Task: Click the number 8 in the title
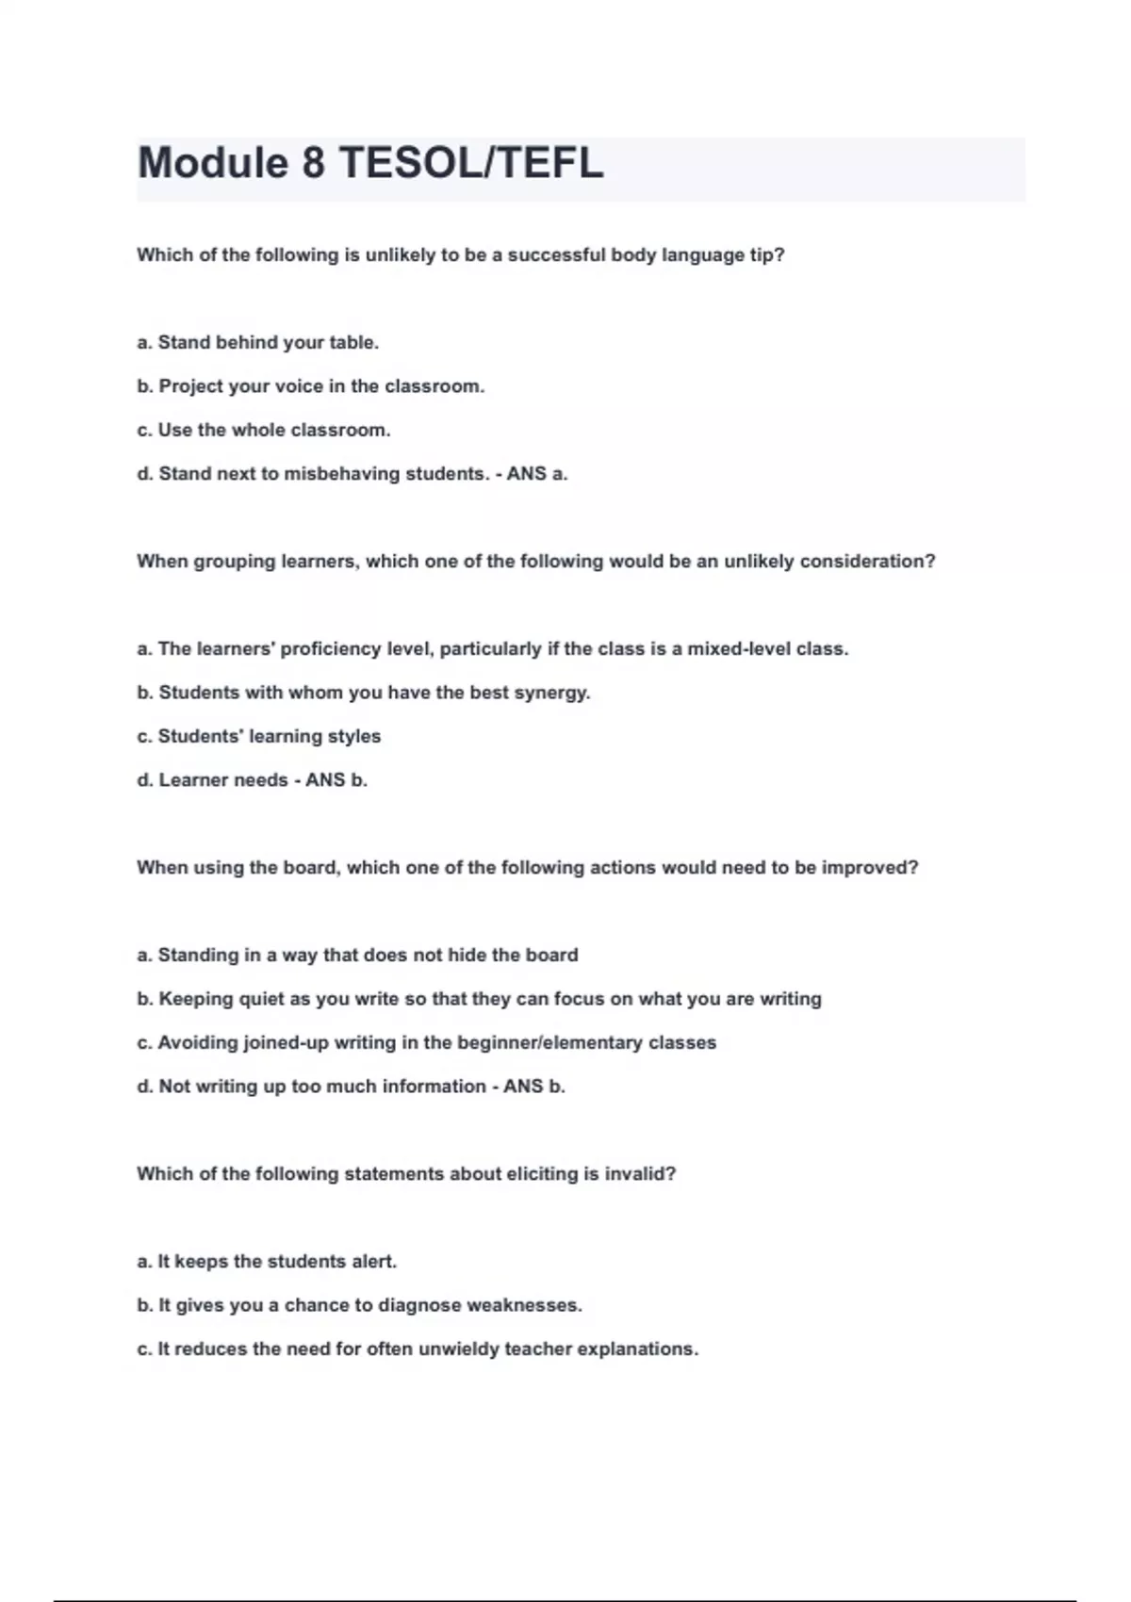coord(313,163)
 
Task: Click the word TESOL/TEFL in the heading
coord(470,163)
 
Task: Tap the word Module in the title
coord(213,163)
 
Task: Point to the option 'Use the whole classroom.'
coord(263,431)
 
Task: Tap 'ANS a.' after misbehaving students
coord(537,474)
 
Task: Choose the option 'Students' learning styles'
coord(259,737)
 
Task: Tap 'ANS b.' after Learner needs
coord(336,780)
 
